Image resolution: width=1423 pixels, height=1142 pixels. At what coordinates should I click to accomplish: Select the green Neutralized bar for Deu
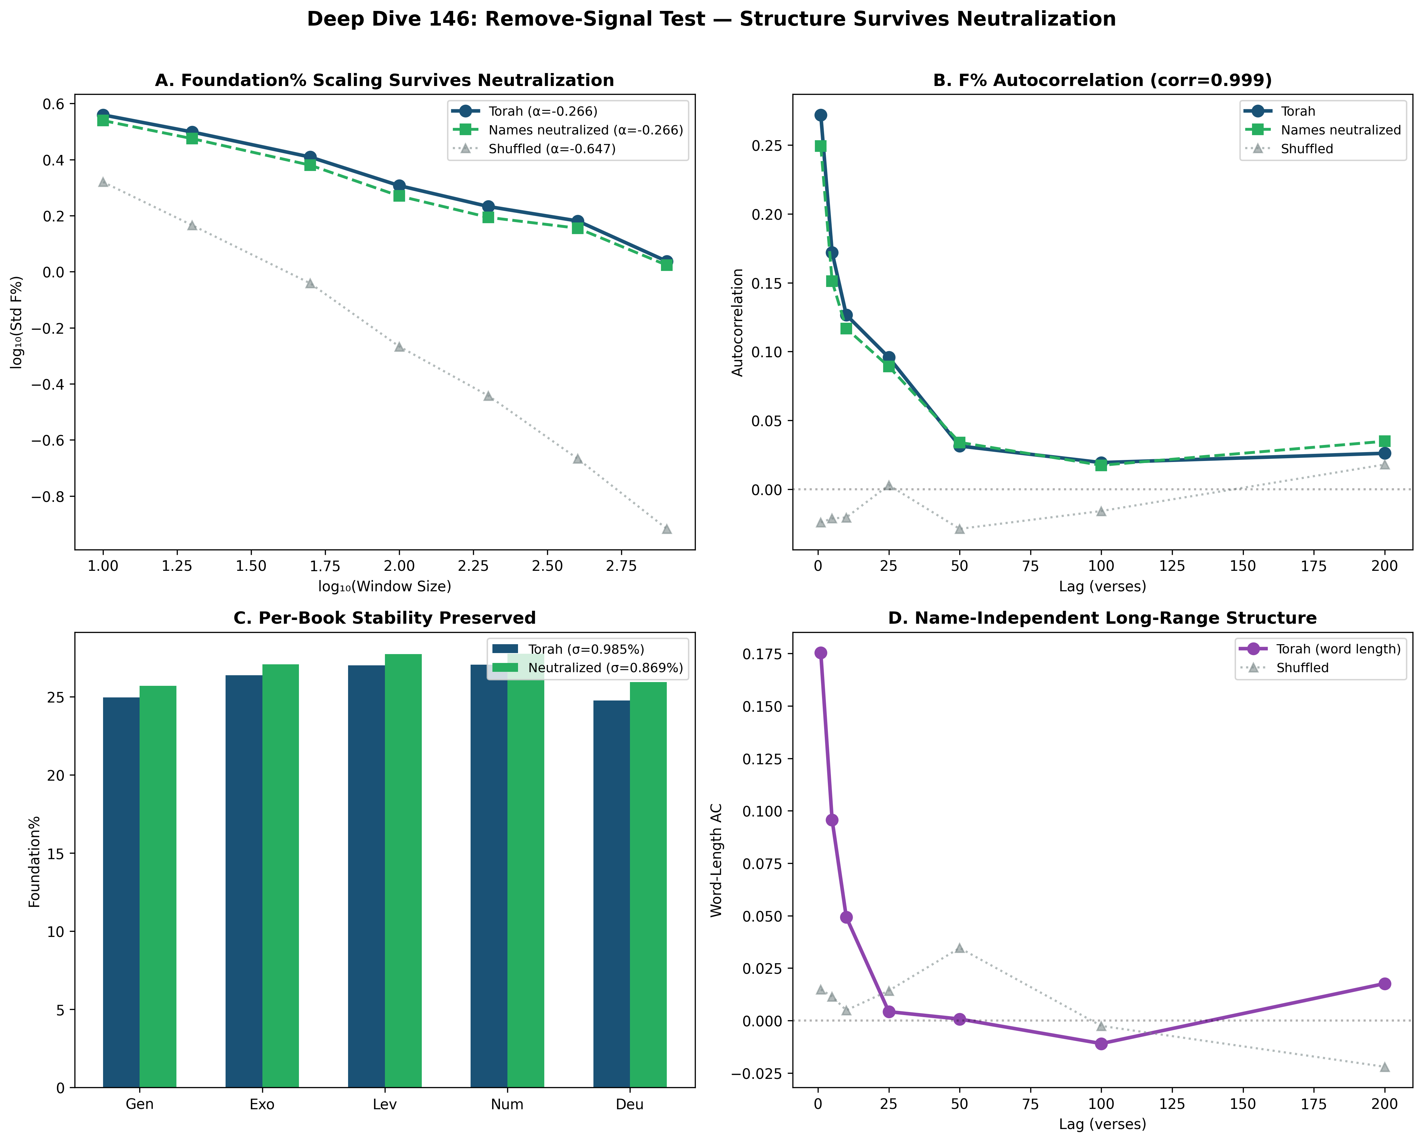point(648,884)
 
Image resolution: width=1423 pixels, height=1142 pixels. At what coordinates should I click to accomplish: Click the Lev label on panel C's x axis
point(385,1104)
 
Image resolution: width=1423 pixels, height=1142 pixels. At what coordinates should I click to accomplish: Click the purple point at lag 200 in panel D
point(1385,984)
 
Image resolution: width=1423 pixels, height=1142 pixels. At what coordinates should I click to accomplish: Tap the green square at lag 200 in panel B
point(1385,441)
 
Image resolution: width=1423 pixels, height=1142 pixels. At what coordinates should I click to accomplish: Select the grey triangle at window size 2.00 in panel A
point(399,347)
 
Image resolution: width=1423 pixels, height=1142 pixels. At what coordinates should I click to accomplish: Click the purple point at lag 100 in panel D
point(1101,1044)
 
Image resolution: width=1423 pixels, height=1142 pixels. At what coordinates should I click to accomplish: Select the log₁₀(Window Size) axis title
point(385,586)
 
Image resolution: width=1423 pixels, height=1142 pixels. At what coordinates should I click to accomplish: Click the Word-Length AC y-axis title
point(717,860)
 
